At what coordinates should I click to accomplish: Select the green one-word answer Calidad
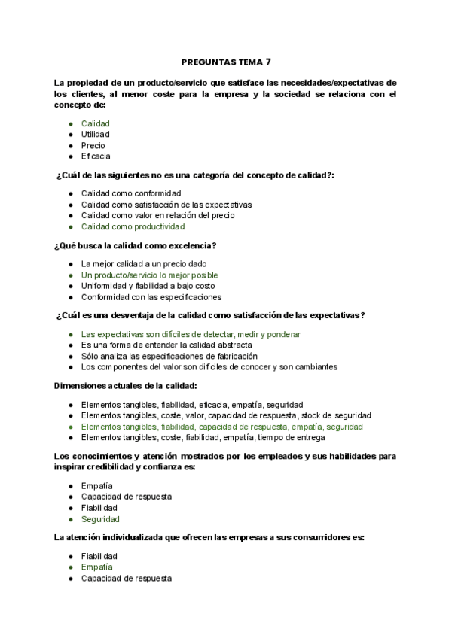96,123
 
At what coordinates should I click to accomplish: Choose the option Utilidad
96,134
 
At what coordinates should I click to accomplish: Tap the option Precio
93,145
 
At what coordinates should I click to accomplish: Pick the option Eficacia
96,156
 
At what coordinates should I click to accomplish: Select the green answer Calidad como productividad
133,226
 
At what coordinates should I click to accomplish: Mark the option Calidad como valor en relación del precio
157,215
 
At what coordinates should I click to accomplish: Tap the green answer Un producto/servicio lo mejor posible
149,275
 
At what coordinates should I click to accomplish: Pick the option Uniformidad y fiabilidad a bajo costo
148,286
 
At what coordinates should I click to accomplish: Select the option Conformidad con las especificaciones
151,297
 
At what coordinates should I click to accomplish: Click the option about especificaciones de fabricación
169,356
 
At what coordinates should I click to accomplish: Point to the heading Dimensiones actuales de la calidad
126,386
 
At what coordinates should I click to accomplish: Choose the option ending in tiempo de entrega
203,437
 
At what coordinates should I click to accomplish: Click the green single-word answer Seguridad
100,519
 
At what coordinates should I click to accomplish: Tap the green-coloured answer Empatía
96,567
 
